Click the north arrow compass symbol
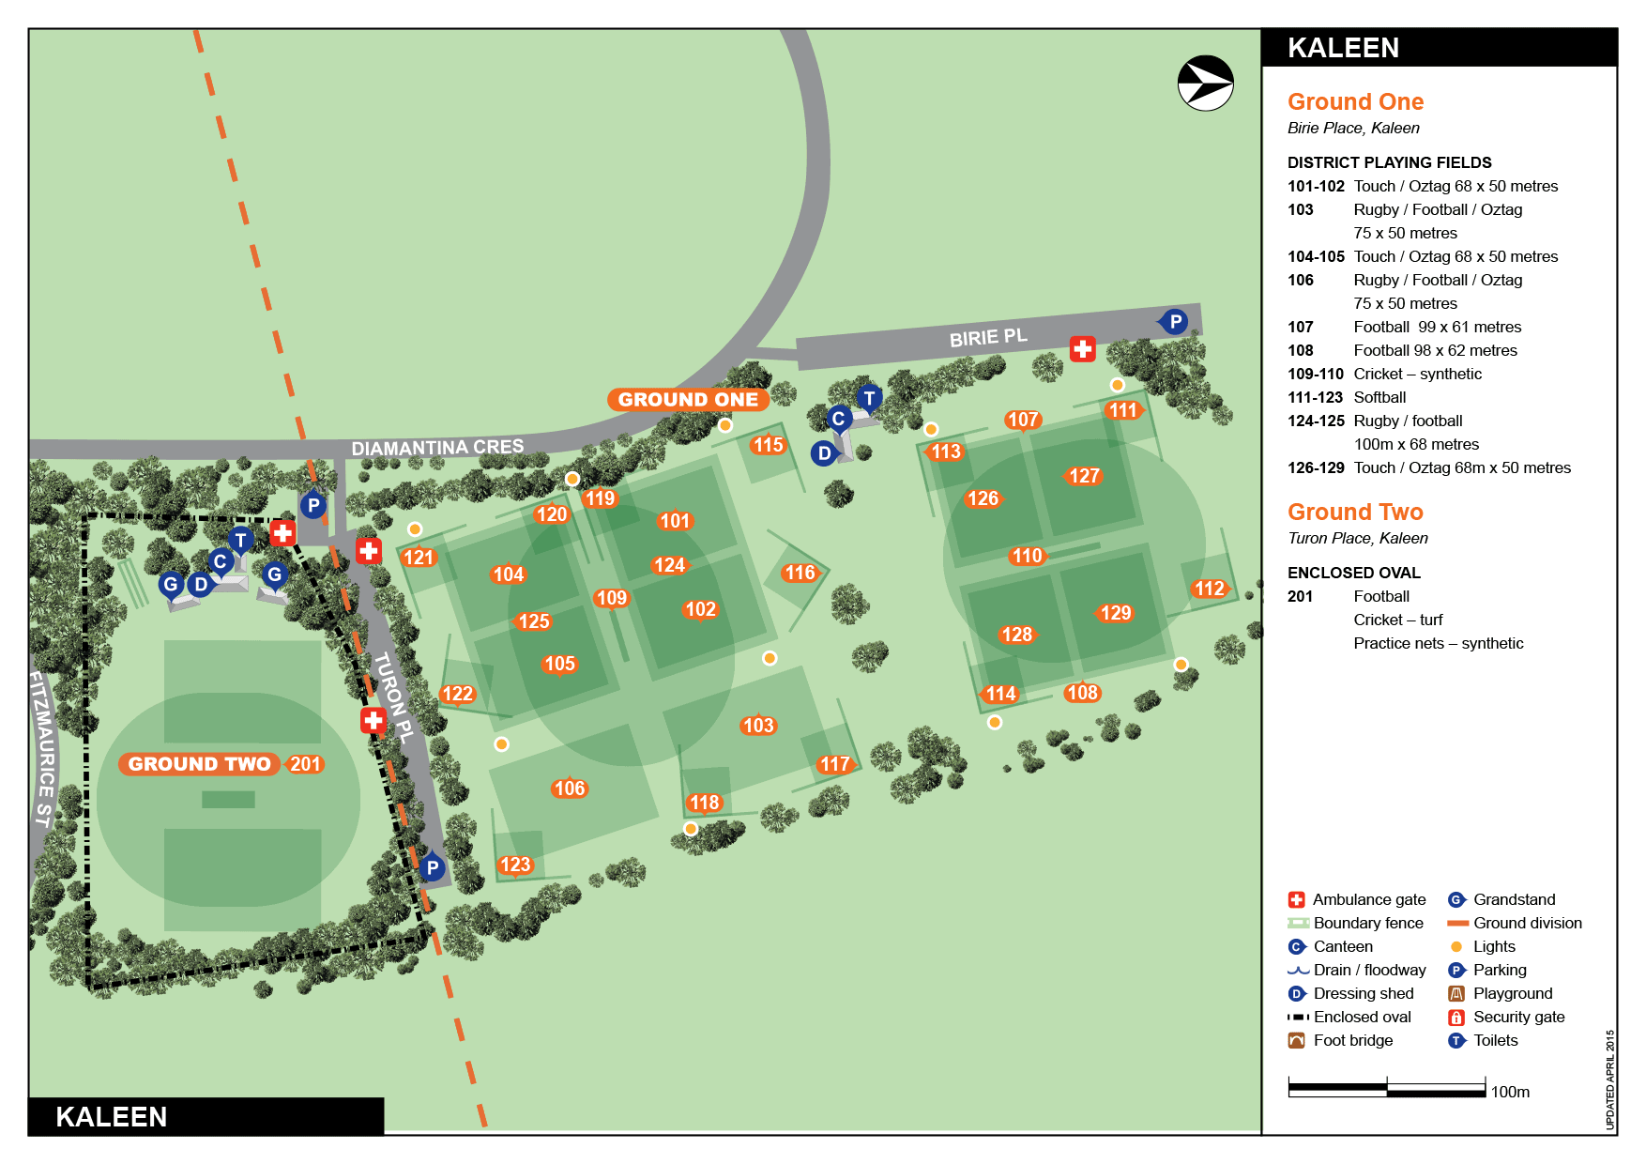1205,84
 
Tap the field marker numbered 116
800,573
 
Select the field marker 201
305,764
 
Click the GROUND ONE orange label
688,400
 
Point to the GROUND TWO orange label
199,764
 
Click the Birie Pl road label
987,338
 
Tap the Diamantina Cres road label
437,448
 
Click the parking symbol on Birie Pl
1174,321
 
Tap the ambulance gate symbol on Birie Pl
1082,349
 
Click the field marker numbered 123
514,865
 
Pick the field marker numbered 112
1209,589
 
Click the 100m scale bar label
1510,1092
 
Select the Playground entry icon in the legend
1456,993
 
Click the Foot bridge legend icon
1297,1040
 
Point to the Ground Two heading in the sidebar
1355,512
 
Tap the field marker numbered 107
1022,420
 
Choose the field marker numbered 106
569,789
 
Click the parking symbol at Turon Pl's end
432,867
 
